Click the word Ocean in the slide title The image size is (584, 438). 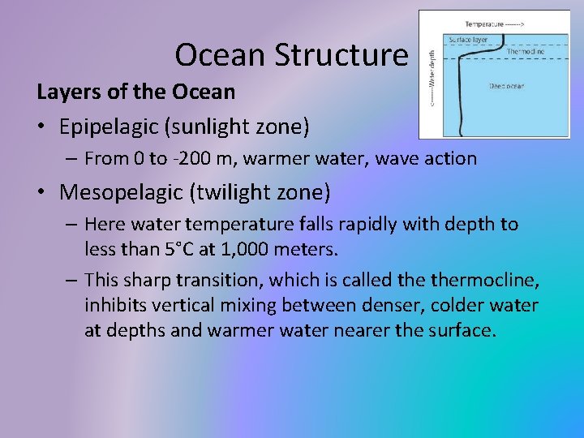click(x=220, y=55)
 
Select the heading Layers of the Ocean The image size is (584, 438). click(x=136, y=92)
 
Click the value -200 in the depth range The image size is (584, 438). click(x=206, y=159)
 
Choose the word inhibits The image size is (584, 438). click(x=117, y=305)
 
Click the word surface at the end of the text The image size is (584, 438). click(x=457, y=330)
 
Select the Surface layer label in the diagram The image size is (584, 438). click(x=469, y=39)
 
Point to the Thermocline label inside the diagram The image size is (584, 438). click(x=525, y=51)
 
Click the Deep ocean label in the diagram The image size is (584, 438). click(x=509, y=85)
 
